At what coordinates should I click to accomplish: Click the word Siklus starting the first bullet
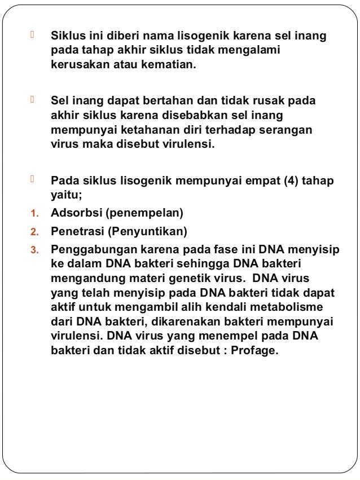67,37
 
